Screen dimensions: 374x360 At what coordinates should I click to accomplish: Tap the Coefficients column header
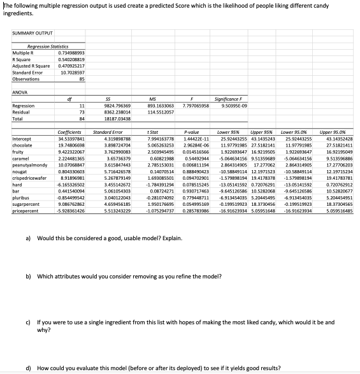tap(70, 131)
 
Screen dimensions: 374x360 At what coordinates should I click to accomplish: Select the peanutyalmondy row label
tap(26, 166)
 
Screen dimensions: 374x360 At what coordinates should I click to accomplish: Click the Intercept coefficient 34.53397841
tap(71, 138)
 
